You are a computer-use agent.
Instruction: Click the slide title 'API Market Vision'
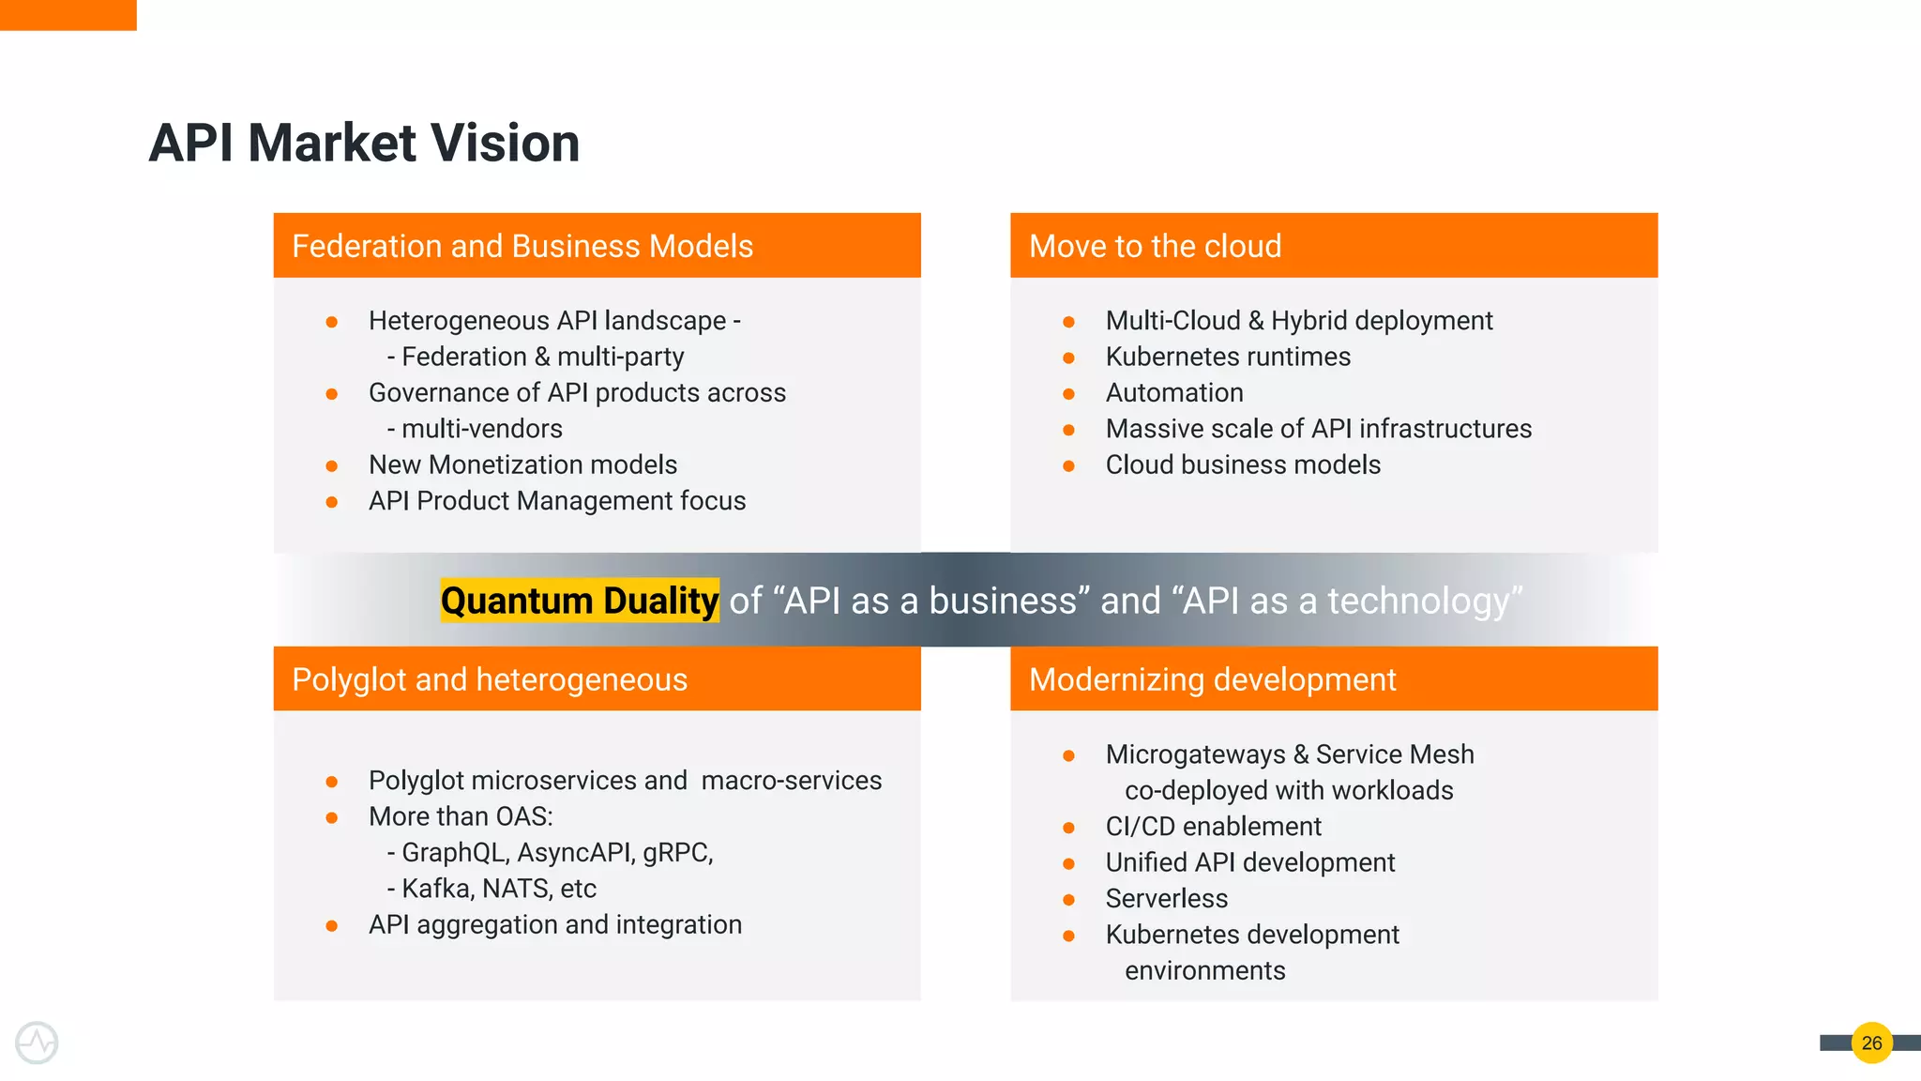pos(364,144)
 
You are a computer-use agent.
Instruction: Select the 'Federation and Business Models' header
pos(522,246)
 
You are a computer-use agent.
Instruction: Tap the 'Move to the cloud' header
pos(1155,246)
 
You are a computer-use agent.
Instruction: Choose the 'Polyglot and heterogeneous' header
pos(490,679)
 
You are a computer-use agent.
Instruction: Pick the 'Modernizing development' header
pos(1212,679)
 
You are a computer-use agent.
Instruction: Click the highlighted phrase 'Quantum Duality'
pos(580,601)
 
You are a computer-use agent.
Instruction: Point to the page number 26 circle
pos(1871,1043)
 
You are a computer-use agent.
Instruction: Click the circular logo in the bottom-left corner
pos(37,1043)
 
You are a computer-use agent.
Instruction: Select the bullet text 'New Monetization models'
pos(522,464)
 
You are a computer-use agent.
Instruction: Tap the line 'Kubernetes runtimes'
pos(1228,357)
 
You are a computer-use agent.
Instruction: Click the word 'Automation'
pos(1174,392)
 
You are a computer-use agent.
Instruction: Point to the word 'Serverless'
pos(1166,898)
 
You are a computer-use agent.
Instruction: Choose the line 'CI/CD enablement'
pos(1213,826)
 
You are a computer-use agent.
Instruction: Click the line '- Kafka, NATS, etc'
pos(492,888)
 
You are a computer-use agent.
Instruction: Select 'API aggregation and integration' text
pos(555,924)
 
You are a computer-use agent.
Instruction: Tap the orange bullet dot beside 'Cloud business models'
pos(1068,465)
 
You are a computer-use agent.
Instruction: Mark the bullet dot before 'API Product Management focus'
pos(331,502)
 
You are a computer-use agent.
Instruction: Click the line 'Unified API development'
pos(1250,862)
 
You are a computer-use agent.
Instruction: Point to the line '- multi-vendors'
pos(475,429)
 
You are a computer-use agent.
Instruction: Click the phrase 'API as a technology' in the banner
pos(1347,601)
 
